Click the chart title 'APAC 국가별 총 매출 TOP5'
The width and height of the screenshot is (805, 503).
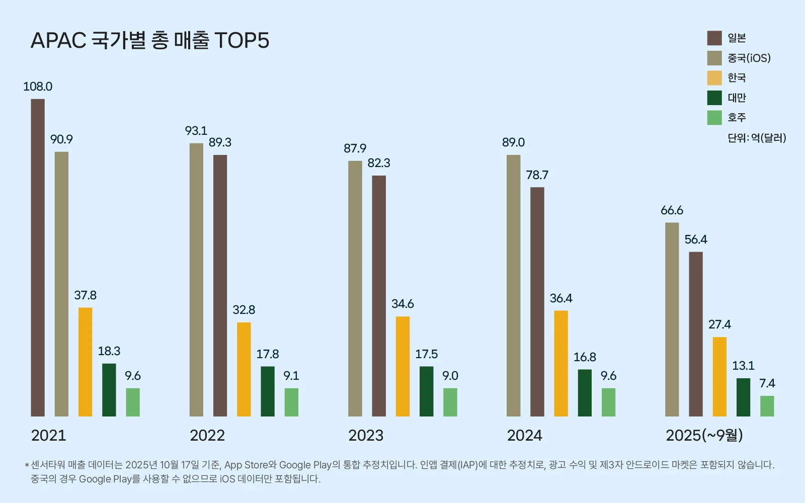coord(150,41)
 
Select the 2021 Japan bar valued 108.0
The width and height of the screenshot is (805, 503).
coord(38,258)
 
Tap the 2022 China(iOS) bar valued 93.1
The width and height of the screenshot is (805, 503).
coord(196,280)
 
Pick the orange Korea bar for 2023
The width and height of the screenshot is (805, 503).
coord(403,366)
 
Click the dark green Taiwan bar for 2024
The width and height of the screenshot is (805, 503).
coord(585,393)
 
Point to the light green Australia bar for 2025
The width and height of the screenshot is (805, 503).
coord(767,406)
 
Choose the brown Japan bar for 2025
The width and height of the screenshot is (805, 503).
coord(696,334)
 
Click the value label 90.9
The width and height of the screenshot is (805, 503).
coord(61,139)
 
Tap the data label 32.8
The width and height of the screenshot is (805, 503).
coord(244,310)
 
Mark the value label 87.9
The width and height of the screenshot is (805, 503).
coord(355,148)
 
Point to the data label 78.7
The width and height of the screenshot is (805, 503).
coord(537,175)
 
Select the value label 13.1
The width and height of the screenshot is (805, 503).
coord(743,366)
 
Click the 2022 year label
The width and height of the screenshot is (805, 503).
coord(207,435)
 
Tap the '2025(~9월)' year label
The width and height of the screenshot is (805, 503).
coord(704,435)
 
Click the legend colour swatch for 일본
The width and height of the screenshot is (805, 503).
coord(714,38)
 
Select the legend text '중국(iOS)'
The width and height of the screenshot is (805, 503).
coord(749,58)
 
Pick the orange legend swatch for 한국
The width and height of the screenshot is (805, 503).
coord(714,78)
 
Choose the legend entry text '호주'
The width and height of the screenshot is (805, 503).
coord(737,118)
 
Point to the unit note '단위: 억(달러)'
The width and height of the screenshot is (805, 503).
coord(757,138)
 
